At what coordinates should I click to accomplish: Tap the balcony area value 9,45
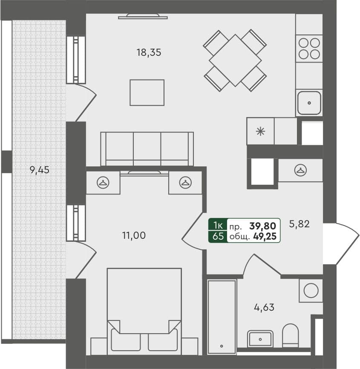pos(40,170)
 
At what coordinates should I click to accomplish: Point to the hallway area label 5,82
pos(299,224)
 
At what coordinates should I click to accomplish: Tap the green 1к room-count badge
pos(217,225)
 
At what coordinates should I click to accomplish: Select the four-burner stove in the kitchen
pos(309,48)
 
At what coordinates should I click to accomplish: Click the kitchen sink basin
pos(309,103)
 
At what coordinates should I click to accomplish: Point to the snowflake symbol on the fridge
pos(259,131)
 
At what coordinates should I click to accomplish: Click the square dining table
pos(235,60)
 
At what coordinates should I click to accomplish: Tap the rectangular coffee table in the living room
pos(147,92)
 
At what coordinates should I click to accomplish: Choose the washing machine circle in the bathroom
pos(311,291)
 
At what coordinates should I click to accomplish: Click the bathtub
pos(222,317)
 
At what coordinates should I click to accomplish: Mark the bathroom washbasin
pos(260,339)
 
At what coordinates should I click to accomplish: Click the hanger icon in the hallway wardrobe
pos(301,170)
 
